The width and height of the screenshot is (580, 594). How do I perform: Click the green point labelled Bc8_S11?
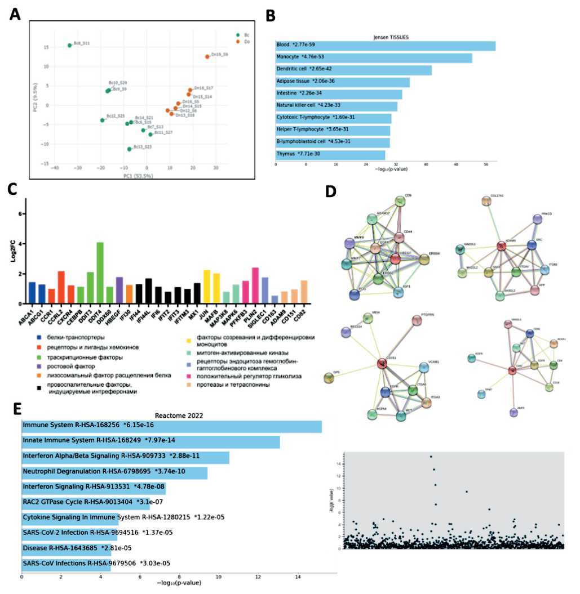(x=69, y=46)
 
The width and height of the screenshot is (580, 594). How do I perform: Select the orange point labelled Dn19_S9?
(x=207, y=57)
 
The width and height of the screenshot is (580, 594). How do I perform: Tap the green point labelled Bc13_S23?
(x=129, y=149)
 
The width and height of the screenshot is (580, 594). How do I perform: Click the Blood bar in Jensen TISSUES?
(x=385, y=46)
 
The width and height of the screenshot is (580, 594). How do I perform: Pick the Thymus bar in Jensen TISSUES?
(x=330, y=154)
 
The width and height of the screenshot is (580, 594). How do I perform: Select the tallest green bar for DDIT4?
(x=100, y=273)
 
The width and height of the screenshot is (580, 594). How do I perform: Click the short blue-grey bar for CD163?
(x=274, y=300)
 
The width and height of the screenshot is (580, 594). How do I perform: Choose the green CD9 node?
(x=401, y=201)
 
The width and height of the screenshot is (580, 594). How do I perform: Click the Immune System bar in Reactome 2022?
(x=171, y=427)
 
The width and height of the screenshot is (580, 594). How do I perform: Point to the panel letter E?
(x=17, y=408)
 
